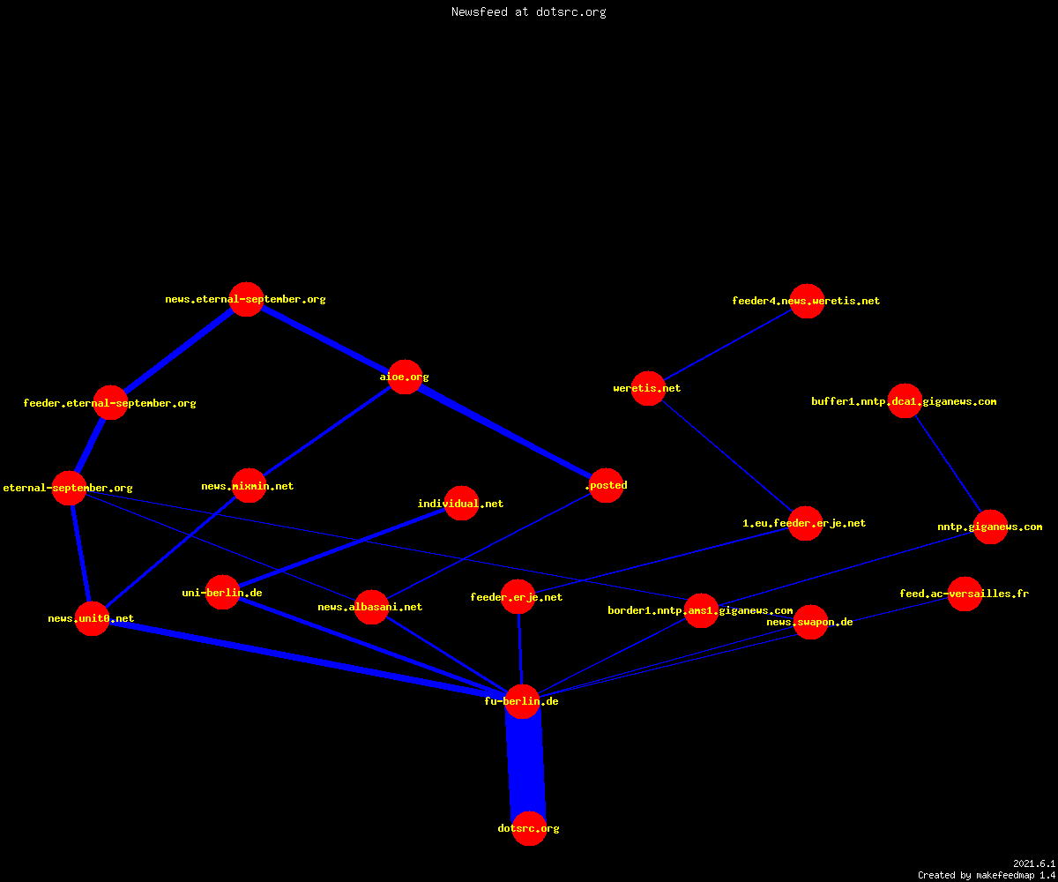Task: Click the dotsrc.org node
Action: pos(529,828)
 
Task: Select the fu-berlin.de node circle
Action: pos(523,701)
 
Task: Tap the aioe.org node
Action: pos(405,377)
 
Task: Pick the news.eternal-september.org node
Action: pos(246,299)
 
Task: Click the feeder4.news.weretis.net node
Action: pos(808,301)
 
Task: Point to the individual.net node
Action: pos(462,504)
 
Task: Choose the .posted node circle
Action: pos(606,486)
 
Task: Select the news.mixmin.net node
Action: pos(249,486)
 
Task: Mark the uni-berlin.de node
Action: pos(222,592)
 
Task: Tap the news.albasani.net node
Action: pos(371,608)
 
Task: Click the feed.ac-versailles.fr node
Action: pos(965,594)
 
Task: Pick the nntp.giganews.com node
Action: pos(991,527)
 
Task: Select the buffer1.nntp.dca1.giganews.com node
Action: pos(905,401)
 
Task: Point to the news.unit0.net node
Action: pos(93,619)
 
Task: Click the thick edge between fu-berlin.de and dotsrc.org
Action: pos(526,765)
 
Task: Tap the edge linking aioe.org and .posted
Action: pos(505,431)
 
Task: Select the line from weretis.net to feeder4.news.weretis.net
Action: pos(727,345)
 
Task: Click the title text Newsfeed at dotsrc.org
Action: pos(528,11)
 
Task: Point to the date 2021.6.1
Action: pos(1034,863)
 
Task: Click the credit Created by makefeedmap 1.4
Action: pos(987,875)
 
